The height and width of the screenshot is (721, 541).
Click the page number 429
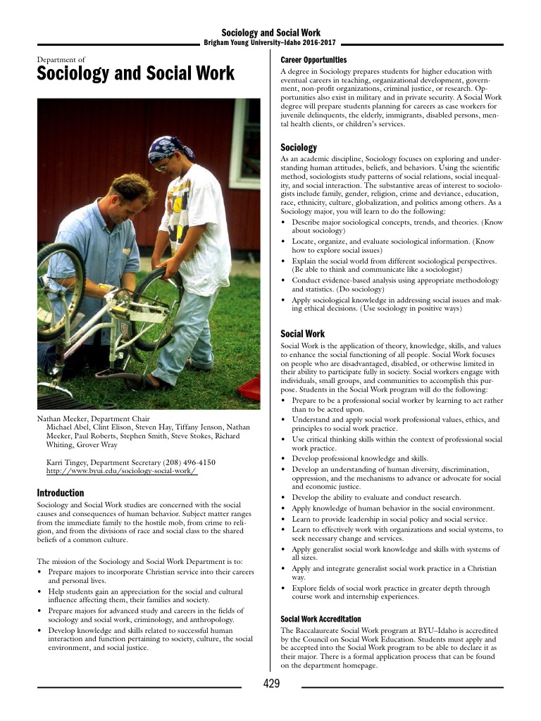pos(271,684)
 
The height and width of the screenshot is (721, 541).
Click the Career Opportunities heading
pos(313,60)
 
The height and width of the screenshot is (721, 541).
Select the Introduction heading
pos(60,493)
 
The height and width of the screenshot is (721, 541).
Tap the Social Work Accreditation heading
pos(321,619)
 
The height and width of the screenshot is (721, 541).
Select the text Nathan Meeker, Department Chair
pos(93,418)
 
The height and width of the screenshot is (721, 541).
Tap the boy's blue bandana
pos(169,147)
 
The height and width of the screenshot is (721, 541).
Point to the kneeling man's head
pos(130,194)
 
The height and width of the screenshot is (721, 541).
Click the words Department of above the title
pos(61,60)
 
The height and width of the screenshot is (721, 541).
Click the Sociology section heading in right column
pos(299,147)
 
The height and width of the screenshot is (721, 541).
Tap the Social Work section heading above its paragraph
pos(303,334)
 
